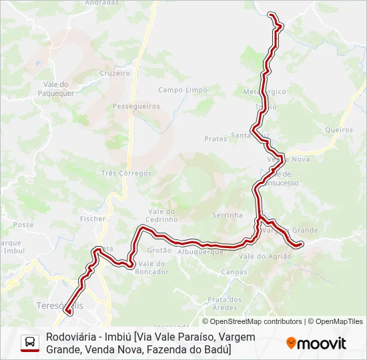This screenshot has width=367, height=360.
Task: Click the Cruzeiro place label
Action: pyautogui.click(x=115, y=73)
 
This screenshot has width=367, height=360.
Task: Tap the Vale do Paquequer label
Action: pyautogui.click(x=58, y=89)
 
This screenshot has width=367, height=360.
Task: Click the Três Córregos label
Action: pyautogui.click(x=126, y=173)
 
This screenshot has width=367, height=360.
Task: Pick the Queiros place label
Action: pyautogui.click(x=339, y=130)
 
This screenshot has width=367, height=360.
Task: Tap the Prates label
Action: pyautogui.click(x=216, y=139)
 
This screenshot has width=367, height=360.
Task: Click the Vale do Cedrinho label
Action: pyautogui.click(x=162, y=215)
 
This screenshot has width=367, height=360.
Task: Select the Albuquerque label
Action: pyautogui.click(x=200, y=251)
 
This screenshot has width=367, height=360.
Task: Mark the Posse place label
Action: pyautogui.click(x=23, y=225)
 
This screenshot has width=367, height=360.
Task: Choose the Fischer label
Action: pyautogui.click(x=92, y=218)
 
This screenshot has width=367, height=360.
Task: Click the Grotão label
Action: pyautogui.click(x=159, y=251)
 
